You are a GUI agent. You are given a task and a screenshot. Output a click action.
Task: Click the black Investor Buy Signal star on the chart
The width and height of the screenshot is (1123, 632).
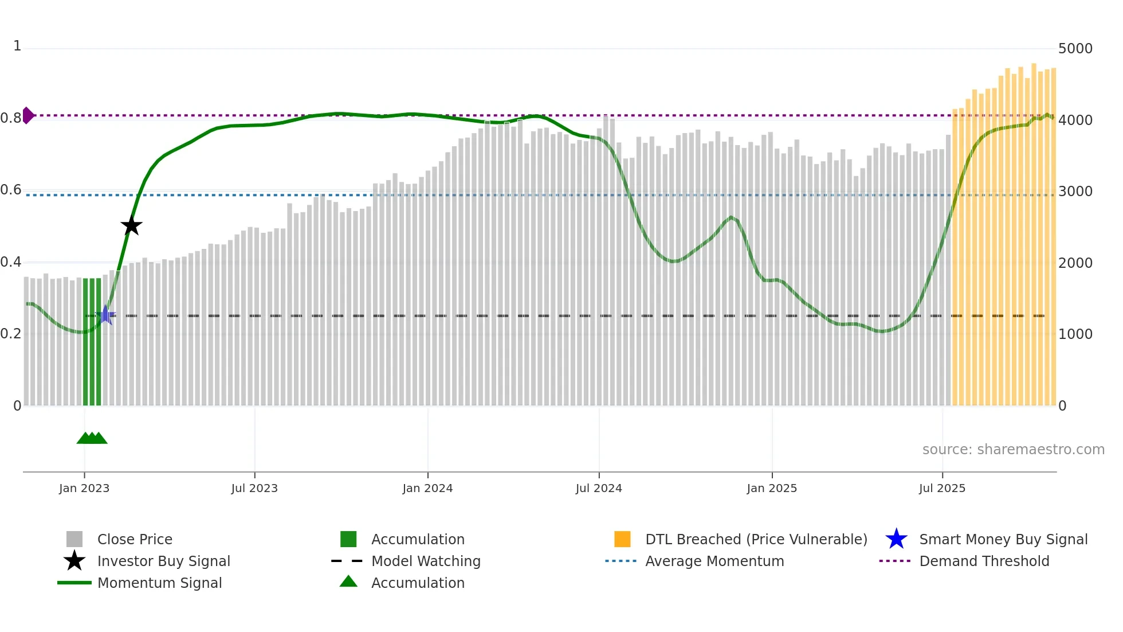131,226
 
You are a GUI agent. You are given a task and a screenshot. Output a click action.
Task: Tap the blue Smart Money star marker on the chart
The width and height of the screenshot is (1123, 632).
105,315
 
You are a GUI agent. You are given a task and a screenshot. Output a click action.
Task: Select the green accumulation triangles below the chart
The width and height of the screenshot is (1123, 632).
92,438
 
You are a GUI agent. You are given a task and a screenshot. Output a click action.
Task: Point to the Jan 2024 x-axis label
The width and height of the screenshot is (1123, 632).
427,488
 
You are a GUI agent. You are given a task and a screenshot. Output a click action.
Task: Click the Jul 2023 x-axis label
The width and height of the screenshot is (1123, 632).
254,488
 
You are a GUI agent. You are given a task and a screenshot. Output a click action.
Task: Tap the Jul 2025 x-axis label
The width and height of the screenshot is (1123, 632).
942,488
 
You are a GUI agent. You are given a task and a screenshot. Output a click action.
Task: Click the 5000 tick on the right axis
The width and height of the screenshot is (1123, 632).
1075,49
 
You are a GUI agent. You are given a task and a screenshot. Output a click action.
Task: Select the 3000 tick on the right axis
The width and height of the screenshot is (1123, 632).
1075,192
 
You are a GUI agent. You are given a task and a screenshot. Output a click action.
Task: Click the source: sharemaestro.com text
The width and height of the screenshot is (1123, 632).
1013,450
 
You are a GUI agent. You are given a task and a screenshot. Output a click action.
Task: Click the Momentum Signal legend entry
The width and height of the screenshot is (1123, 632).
159,583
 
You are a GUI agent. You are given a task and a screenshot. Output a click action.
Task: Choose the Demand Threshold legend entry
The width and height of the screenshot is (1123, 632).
984,561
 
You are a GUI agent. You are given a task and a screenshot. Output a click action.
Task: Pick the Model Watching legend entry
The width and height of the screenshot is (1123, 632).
426,561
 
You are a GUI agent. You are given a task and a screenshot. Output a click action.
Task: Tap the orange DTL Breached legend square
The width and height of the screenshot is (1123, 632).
622,539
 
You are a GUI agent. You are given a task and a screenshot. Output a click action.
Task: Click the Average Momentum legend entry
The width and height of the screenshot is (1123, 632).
714,561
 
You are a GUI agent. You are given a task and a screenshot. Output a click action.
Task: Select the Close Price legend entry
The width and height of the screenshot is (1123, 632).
135,539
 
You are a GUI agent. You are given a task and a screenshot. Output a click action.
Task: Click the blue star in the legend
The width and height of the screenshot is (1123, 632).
896,539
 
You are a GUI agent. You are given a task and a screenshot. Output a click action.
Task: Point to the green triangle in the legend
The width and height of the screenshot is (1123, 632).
348,582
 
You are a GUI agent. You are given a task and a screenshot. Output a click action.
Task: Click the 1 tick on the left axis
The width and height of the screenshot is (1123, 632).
17,46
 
